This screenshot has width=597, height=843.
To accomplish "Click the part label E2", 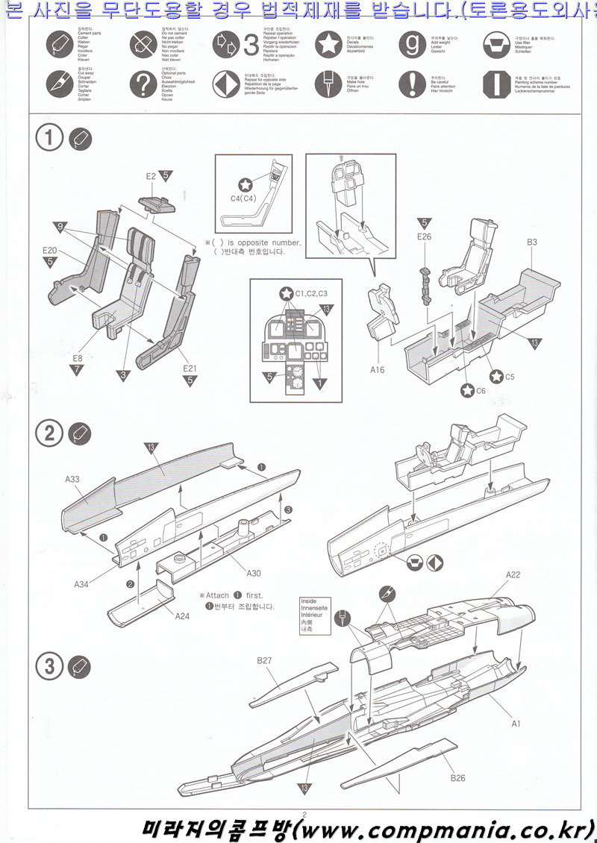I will [x=151, y=176].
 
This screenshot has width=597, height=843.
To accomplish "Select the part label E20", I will [x=50, y=250].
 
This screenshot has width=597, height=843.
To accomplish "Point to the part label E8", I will [x=78, y=359].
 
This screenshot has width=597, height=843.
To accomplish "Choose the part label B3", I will [x=532, y=242].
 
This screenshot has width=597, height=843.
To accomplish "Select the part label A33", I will [x=72, y=480].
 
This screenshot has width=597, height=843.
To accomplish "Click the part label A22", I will [x=513, y=574].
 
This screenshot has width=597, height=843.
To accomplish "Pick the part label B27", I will [x=264, y=660].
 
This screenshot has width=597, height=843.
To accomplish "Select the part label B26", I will [x=457, y=778].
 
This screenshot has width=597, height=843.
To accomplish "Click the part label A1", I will [x=515, y=724].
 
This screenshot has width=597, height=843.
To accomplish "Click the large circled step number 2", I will [x=49, y=434].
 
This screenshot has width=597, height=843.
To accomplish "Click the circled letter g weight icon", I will [x=411, y=44].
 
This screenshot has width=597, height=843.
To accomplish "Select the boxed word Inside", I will [x=308, y=601].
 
